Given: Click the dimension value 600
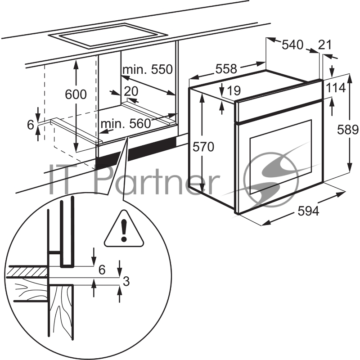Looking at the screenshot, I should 76,94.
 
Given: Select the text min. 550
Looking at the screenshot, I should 148,69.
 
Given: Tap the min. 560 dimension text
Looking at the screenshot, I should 126,124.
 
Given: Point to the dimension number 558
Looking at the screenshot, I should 226,69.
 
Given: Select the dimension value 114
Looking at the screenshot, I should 336,88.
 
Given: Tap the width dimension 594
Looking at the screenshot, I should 308,211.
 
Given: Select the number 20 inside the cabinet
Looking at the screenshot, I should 130,91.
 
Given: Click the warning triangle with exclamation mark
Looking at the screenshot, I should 124,231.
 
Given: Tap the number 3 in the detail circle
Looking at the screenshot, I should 126,282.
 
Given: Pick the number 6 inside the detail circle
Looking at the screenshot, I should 102,270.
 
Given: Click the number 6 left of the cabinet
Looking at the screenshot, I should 30,125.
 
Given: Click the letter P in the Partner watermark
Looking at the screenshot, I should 106,180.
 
